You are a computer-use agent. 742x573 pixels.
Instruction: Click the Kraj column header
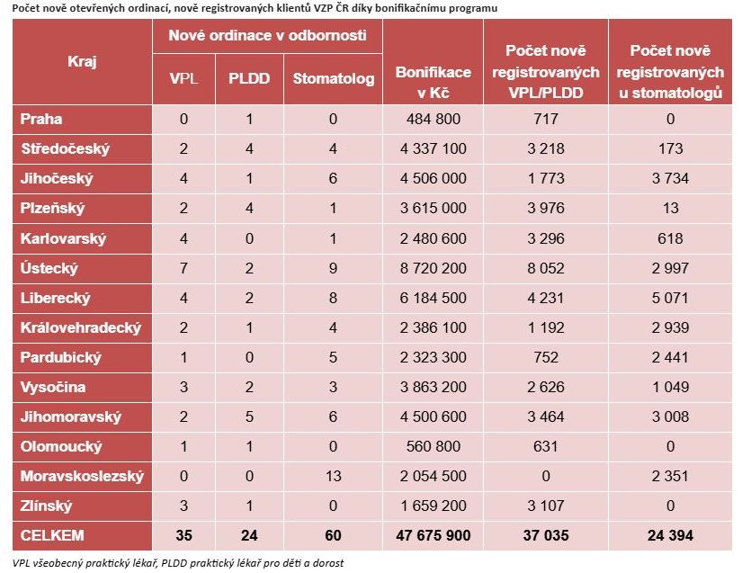82,61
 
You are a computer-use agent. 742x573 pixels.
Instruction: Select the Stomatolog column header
333,78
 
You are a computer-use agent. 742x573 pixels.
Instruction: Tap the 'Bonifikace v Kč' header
434,79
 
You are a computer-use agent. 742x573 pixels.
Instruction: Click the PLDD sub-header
249,78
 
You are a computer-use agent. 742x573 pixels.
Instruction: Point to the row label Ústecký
49,268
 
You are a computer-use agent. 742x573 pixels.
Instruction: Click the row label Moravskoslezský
82,476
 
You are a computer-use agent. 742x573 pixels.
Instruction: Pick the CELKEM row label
52,535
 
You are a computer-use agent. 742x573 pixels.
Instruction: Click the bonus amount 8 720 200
434,268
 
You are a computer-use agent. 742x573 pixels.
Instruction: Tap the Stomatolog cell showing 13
333,476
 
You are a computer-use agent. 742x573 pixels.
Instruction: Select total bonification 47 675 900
434,535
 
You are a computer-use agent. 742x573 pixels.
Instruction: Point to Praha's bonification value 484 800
434,119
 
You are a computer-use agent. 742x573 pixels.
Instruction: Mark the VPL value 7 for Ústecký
184,268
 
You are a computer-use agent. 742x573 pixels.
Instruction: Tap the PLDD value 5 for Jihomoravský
249,416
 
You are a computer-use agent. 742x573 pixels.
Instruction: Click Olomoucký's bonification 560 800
434,446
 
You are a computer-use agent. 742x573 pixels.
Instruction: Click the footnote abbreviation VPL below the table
22,563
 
